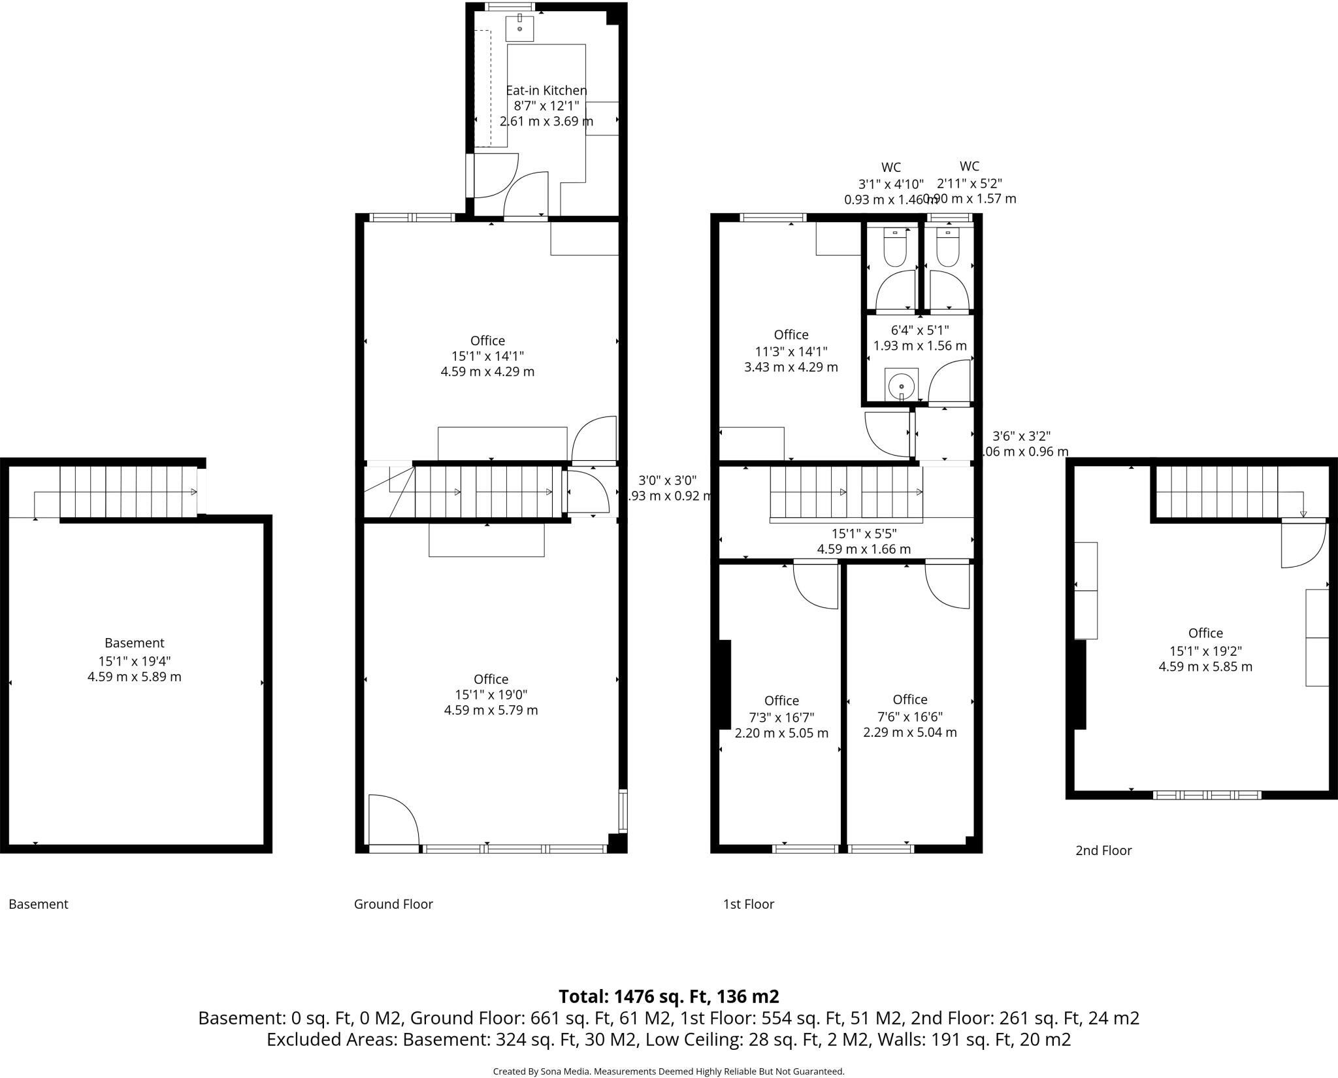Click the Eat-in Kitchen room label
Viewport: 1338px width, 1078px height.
[546, 90]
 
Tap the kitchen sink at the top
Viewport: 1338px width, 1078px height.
[520, 28]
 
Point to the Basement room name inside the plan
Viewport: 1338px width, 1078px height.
[135, 643]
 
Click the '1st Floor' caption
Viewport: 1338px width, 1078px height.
[748, 904]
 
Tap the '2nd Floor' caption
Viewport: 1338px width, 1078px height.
[1103, 851]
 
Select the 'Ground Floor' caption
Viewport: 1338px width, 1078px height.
[393, 904]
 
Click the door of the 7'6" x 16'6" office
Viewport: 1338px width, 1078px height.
[947, 585]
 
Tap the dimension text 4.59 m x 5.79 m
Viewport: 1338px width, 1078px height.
[491, 710]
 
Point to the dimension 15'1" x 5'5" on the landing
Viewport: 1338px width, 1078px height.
[864, 534]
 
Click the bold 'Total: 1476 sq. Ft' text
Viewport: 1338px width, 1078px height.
[668, 996]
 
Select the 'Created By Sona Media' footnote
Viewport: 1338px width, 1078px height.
[668, 1071]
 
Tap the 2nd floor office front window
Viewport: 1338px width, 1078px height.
[1207, 795]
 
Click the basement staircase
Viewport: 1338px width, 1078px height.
[127, 492]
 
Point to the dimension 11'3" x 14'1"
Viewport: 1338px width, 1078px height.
[791, 351]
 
